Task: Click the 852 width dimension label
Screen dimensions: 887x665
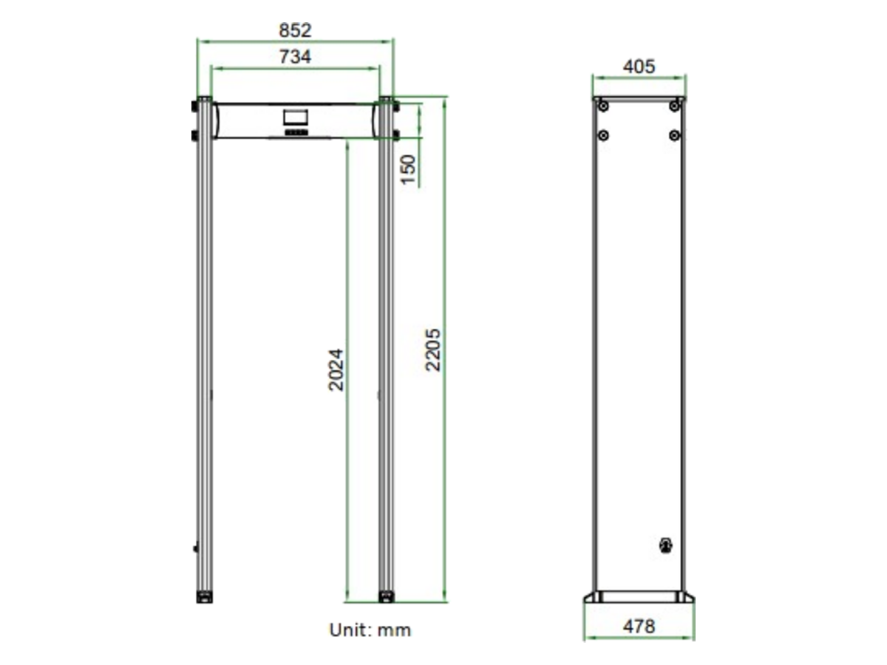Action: pyautogui.click(x=295, y=31)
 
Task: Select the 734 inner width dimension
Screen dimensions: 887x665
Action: pyautogui.click(x=295, y=57)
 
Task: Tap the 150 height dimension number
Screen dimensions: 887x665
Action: pyautogui.click(x=408, y=170)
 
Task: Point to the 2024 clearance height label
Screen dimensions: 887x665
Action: pyautogui.click(x=336, y=370)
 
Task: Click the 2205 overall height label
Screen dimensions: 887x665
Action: pyautogui.click(x=433, y=349)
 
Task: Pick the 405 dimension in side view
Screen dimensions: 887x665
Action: pyautogui.click(x=639, y=66)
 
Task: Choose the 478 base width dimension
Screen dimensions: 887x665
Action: pyautogui.click(x=639, y=627)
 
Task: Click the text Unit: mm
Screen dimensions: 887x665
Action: pyautogui.click(x=370, y=630)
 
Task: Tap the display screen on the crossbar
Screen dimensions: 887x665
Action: pyautogui.click(x=296, y=117)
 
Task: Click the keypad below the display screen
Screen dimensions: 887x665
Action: pyautogui.click(x=296, y=132)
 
